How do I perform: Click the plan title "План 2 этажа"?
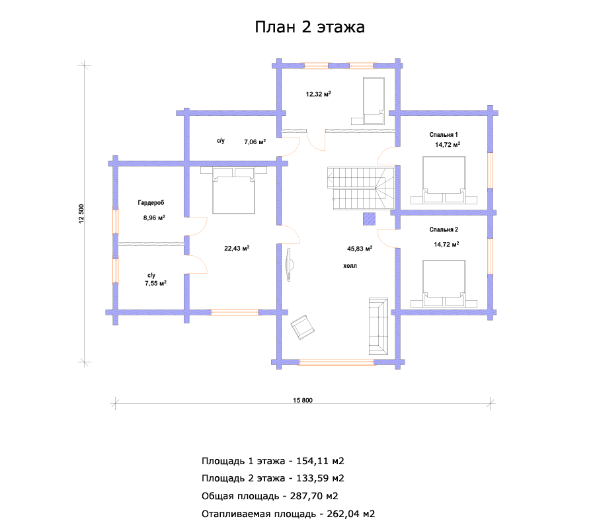pyautogui.click(x=309, y=27)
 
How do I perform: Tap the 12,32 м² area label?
pyautogui.click(x=319, y=94)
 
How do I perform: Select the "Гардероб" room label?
pyautogui.click(x=151, y=202)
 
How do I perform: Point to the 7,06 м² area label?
pyautogui.click(x=255, y=142)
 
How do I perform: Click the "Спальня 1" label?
pyautogui.click(x=444, y=135)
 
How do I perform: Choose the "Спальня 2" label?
pyautogui.click(x=444, y=229)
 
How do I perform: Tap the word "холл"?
pyautogui.click(x=350, y=266)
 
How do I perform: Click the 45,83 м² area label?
pyautogui.click(x=360, y=249)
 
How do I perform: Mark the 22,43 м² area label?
pyautogui.click(x=237, y=248)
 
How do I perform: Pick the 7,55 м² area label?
pyautogui.click(x=155, y=283)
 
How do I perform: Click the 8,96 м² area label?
pyautogui.click(x=154, y=218)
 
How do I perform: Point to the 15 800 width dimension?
pyautogui.click(x=303, y=400)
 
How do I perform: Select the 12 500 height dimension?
pyautogui.click(x=81, y=214)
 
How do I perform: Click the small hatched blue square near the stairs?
pyautogui.click(x=369, y=219)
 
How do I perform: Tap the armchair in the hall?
pyautogui.click(x=302, y=327)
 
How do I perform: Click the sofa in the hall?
pyautogui.click(x=378, y=327)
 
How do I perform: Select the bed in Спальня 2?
pyautogui.click(x=444, y=284)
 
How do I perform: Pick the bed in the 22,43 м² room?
pyautogui.click(x=233, y=190)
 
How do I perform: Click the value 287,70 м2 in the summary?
pyautogui.click(x=314, y=496)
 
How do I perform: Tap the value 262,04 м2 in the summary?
pyautogui.click(x=351, y=514)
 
